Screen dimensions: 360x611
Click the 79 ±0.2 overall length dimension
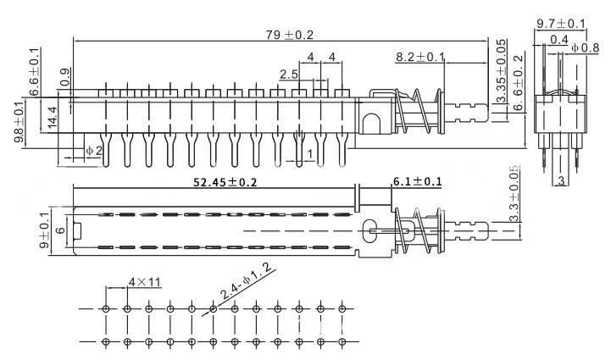point(291,35)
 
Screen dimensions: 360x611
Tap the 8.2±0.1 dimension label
point(421,57)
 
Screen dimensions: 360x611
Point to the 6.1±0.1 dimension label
point(417,181)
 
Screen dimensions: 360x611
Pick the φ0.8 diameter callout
point(585,48)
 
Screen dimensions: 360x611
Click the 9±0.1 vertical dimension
point(45,229)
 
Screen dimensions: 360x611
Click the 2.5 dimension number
point(286,75)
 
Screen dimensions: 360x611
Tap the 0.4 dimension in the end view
point(558,39)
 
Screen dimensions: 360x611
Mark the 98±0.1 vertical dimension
point(19,123)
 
